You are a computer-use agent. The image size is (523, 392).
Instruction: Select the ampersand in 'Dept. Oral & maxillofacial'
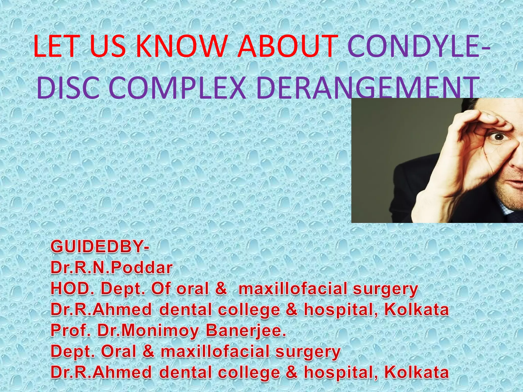148,351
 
